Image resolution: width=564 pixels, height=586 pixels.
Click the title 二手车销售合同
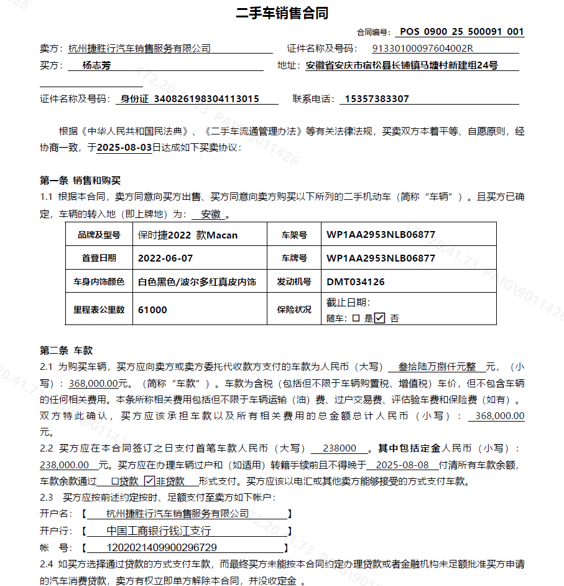[x=282, y=13]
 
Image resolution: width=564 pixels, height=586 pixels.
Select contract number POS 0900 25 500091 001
[x=461, y=32]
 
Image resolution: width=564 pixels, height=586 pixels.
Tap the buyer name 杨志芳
[x=96, y=65]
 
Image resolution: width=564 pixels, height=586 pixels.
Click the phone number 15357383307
[x=376, y=99]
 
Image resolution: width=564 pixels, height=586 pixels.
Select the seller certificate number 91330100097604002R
[x=422, y=49]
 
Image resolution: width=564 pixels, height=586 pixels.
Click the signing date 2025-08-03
[x=124, y=148]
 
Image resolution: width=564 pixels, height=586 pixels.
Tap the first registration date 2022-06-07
[x=165, y=258]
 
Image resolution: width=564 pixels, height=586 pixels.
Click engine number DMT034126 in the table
[x=356, y=281]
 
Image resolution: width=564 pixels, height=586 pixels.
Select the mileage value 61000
[x=152, y=310]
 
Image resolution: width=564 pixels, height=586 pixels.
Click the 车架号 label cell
[x=294, y=235]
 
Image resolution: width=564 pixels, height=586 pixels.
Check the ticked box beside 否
[x=379, y=318]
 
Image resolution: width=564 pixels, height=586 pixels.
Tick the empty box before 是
[x=356, y=318]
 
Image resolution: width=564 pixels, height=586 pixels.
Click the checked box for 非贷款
[x=149, y=481]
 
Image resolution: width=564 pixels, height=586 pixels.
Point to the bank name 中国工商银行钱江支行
[x=159, y=531]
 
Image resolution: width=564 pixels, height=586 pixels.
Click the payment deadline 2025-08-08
[x=402, y=465]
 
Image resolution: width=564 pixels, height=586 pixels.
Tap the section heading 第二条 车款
[x=67, y=350]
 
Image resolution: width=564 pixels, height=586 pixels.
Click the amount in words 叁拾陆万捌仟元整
[x=437, y=367]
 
